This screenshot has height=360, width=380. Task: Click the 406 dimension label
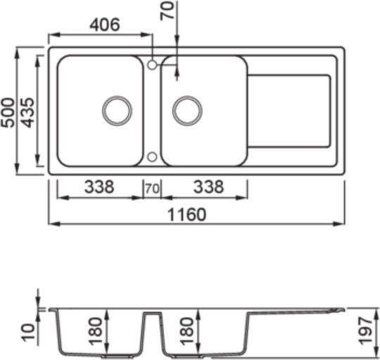[105, 25]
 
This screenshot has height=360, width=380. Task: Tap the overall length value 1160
[187, 214]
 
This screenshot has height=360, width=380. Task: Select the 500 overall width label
[8, 112]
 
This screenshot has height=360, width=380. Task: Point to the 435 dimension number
[27, 112]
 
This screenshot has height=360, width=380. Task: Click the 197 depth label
[365, 330]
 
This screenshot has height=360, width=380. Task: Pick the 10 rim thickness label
[29, 333]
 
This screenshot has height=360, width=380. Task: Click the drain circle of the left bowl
[117, 111]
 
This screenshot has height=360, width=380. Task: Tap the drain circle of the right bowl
[187, 111]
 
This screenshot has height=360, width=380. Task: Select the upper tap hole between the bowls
[152, 65]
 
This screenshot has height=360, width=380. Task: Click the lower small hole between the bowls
[152, 157]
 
